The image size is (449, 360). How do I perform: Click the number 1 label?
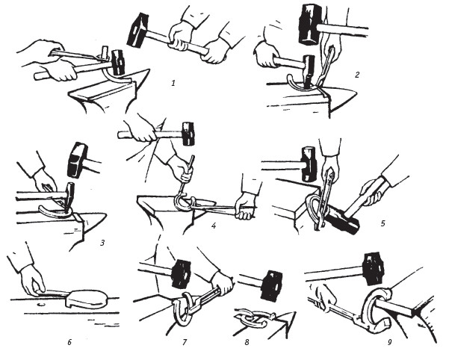point(173,83)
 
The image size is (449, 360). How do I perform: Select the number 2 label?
point(357,75)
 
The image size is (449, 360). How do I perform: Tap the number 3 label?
point(102,243)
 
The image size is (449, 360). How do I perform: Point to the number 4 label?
point(214,226)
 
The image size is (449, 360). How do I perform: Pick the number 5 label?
point(383,223)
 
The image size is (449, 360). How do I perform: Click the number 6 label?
point(69,342)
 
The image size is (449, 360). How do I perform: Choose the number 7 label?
point(185,342)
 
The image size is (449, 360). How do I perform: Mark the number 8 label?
point(247,342)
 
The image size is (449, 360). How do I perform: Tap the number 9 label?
point(390,342)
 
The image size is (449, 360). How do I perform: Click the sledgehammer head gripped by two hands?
point(137,30)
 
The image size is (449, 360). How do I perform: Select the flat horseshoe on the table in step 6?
point(86,299)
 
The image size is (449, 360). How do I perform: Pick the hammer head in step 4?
point(188,134)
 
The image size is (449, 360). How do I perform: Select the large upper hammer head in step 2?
point(309,25)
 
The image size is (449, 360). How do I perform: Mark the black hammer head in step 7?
point(181,273)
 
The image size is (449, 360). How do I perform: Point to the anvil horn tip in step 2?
point(357,92)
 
